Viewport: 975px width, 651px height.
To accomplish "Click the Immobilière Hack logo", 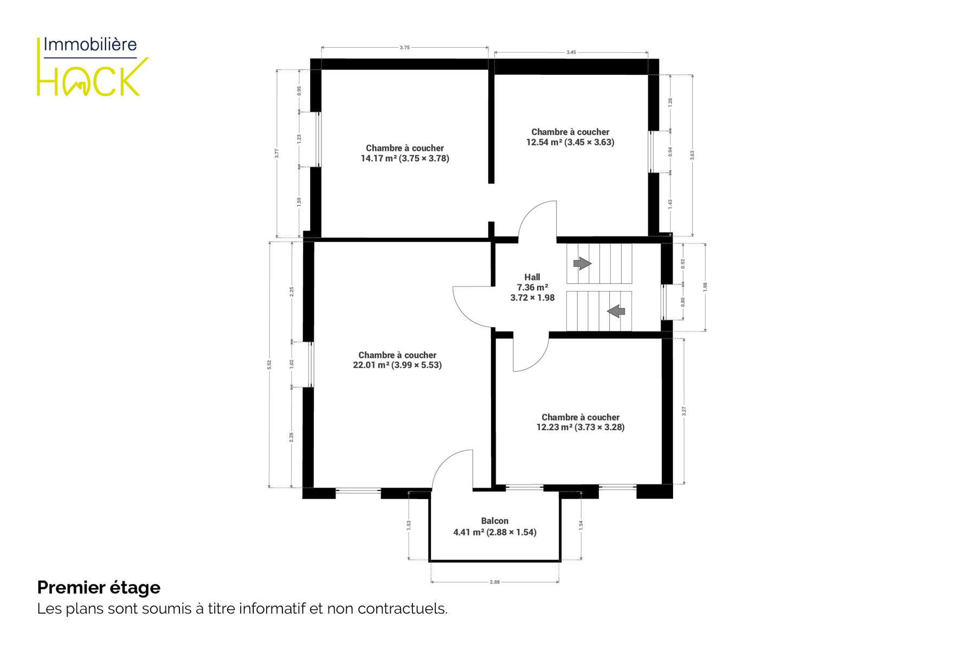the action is [x=93, y=67].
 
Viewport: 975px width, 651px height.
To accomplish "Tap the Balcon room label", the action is [x=495, y=527].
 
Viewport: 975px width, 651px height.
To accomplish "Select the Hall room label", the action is [x=532, y=288].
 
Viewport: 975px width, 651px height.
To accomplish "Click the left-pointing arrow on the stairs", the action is [x=616, y=311].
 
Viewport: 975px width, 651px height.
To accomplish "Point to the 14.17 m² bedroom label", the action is [x=405, y=153].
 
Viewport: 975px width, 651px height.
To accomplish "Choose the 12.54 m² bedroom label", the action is [x=570, y=137].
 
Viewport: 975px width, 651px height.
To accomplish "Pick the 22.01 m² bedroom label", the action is [x=397, y=360].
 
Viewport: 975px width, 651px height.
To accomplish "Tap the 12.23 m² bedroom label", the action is [x=580, y=422].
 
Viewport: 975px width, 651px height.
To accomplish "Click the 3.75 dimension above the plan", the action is [x=405, y=48].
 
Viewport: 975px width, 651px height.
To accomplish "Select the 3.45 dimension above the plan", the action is [x=571, y=53].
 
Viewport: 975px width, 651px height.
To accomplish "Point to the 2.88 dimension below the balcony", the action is [x=495, y=582].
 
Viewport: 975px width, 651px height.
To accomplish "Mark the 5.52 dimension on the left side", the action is [x=269, y=365].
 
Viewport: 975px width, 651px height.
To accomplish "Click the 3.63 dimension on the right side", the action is [x=692, y=155].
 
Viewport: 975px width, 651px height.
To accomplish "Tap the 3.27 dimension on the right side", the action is [x=684, y=411].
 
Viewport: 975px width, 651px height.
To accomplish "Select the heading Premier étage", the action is [x=99, y=588].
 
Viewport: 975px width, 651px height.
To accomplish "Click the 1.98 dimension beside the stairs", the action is [x=705, y=287].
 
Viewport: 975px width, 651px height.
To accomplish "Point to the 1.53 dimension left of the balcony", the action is [x=409, y=525].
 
